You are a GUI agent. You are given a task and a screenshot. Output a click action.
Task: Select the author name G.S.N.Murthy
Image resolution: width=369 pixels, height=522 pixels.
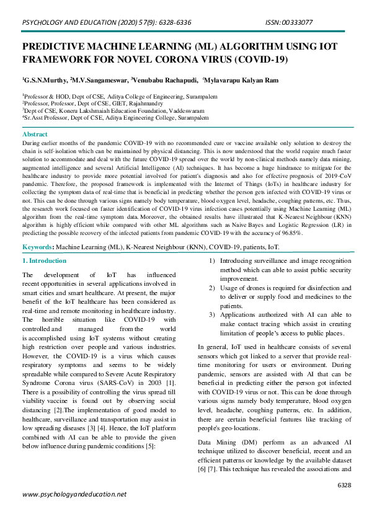pos(45,80)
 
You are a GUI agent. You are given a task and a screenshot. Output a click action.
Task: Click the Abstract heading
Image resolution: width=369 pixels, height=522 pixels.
pos(35,134)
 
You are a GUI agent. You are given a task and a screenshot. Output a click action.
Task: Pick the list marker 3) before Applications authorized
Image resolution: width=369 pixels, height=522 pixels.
pos(212,315)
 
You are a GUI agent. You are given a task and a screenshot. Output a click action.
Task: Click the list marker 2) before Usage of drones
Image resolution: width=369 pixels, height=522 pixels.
pos(212,288)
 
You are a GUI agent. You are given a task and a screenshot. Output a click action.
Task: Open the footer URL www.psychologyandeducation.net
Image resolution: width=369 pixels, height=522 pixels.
pos(74,494)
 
